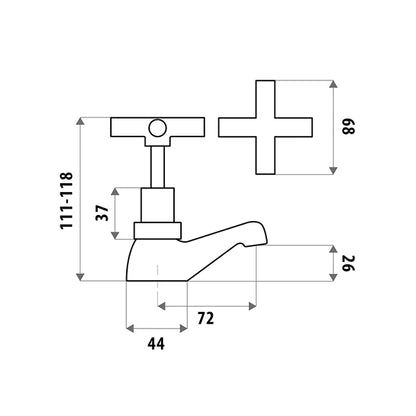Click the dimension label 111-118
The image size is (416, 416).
(x=66, y=200)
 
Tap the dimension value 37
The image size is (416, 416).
(x=102, y=213)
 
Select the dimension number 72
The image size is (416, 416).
(x=206, y=319)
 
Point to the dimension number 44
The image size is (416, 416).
(x=156, y=344)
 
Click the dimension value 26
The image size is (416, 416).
(x=349, y=263)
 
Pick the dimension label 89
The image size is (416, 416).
(x=349, y=127)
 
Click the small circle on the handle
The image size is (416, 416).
(x=157, y=128)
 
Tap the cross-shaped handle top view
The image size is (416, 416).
(x=265, y=127)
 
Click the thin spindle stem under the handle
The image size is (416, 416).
(x=157, y=167)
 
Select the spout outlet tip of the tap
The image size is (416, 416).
(x=262, y=243)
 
